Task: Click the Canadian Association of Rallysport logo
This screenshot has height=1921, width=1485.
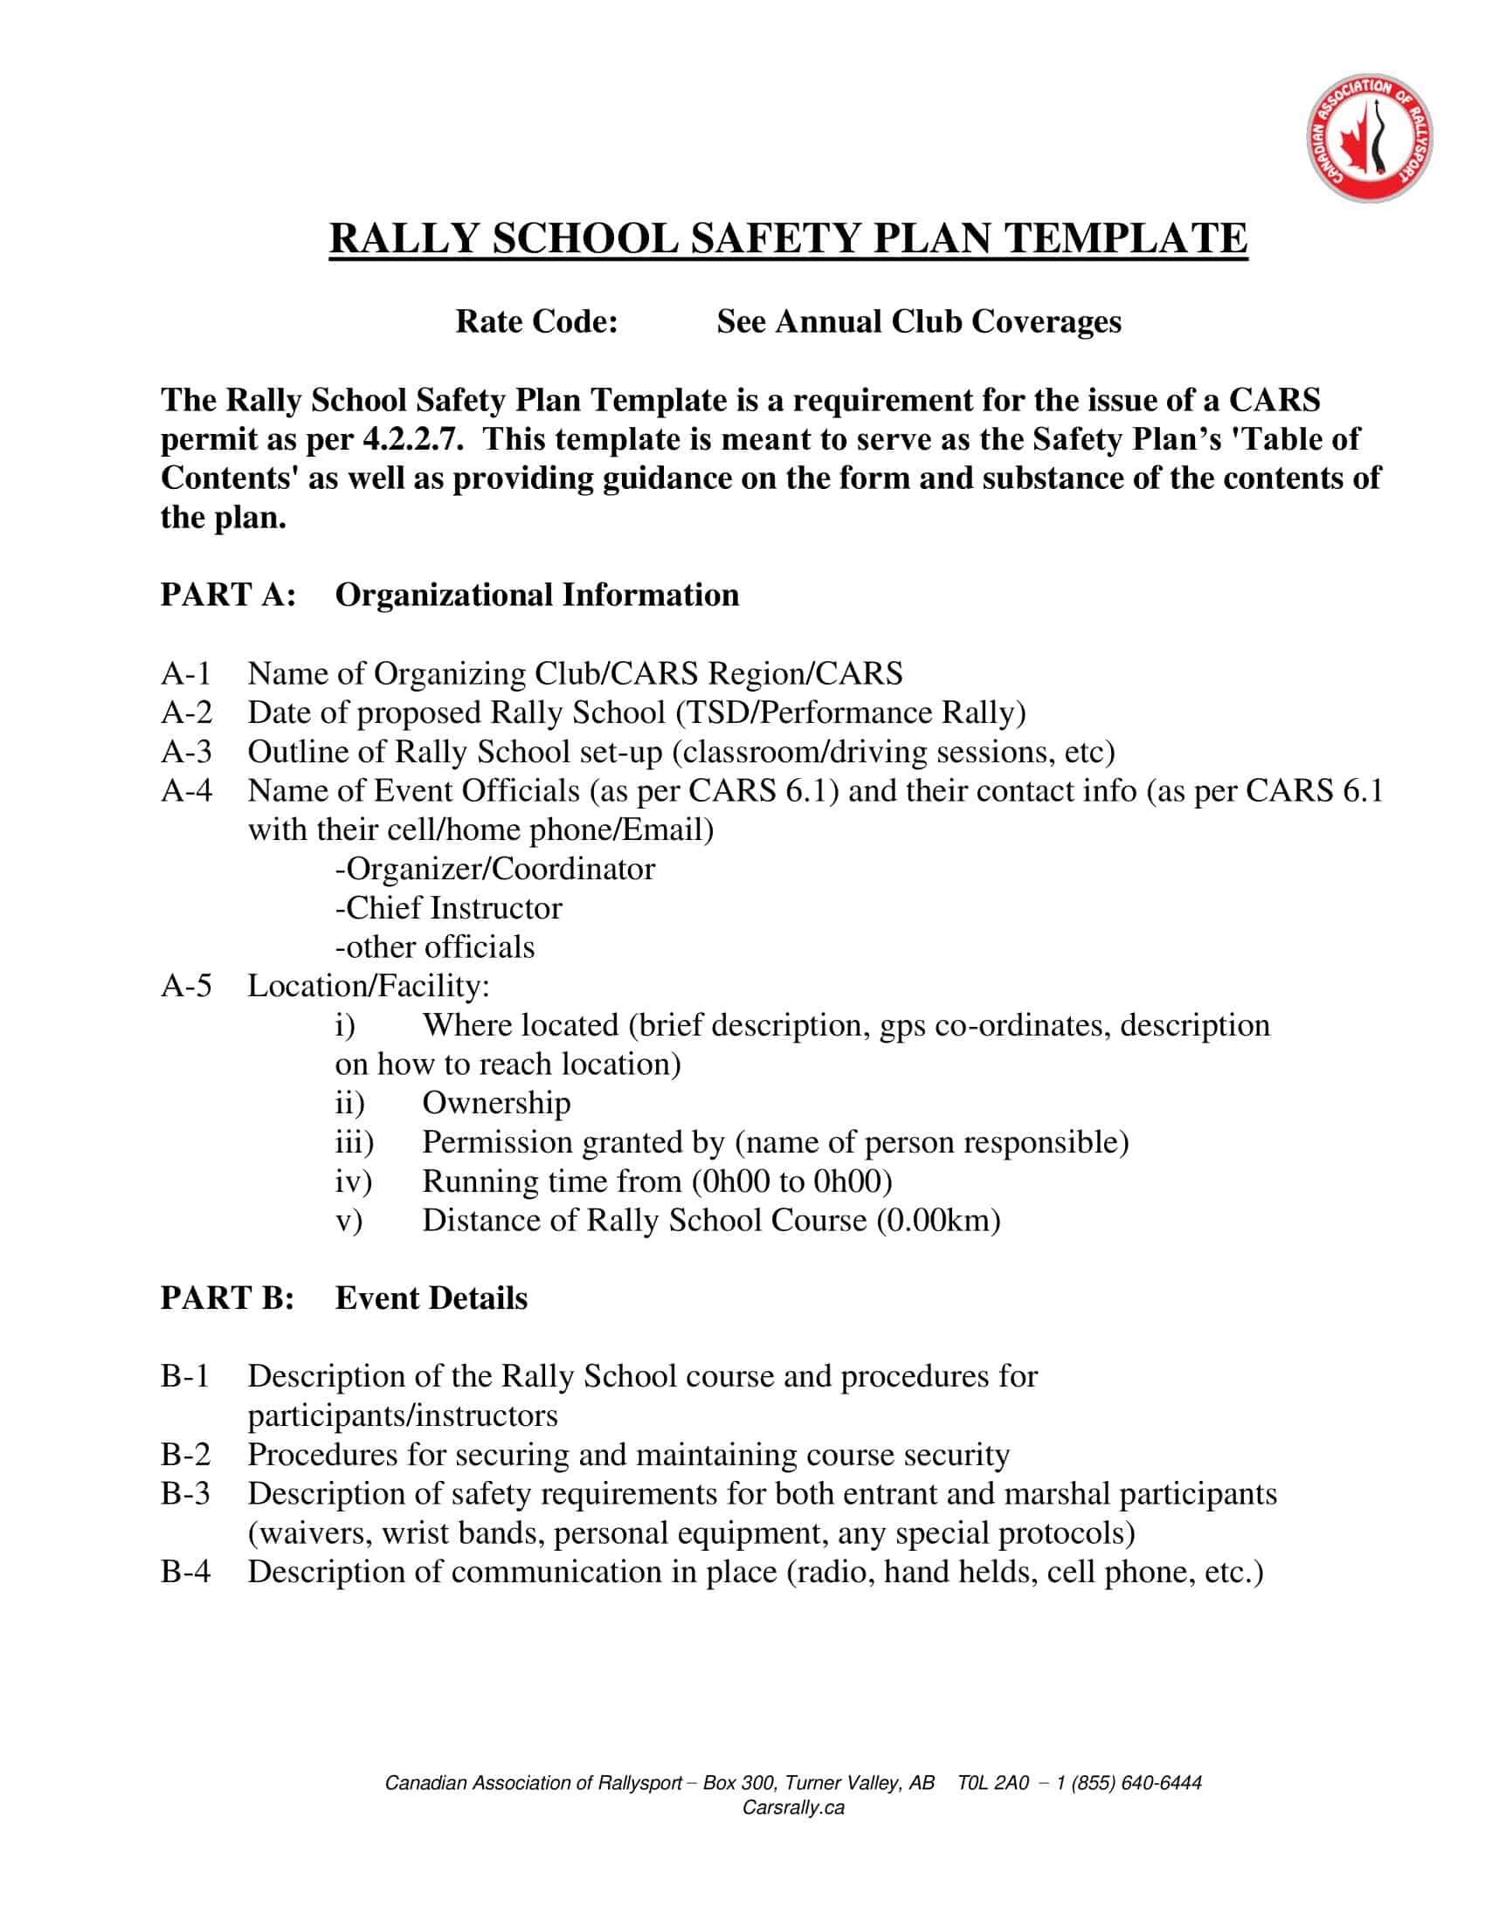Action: pyautogui.click(x=1368, y=138)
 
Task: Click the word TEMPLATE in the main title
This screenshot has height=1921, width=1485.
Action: pyautogui.click(x=1125, y=239)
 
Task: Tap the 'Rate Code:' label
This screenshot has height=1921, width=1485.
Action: pyautogui.click(x=536, y=322)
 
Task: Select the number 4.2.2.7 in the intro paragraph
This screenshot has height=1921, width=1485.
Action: pyautogui.click(x=412, y=439)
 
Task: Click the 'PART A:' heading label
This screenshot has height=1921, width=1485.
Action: pyautogui.click(x=228, y=596)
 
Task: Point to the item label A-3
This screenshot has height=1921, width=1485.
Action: pyautogui.click(x=187, y=752)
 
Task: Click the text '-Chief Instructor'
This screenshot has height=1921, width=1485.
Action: pyautogui.click(x=449, y=909)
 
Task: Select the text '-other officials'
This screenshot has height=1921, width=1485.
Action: pyautogui.click(x=435, y=947)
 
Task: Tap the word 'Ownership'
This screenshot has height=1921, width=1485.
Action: pyautogui.click(x=496, y=1103)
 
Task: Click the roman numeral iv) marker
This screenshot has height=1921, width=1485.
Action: pyautogui.click(x=354, y=1181)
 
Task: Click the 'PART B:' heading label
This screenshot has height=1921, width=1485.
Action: pyautogui.click(x=227, y=1299)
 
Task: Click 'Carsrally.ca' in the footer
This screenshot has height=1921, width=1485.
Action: pyautogui.click(x=793, y=1807)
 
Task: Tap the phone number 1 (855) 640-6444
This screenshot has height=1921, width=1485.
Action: pyautogui.click(x=1129, y=1783)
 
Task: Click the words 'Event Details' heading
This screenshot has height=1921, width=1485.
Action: pyautogui.click(x=431, y=1299)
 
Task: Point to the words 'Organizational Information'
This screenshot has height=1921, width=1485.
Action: pyautogui.click(x=536, y=596)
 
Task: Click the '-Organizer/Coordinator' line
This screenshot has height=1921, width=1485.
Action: pyautogui.click(x=494, y=869)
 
